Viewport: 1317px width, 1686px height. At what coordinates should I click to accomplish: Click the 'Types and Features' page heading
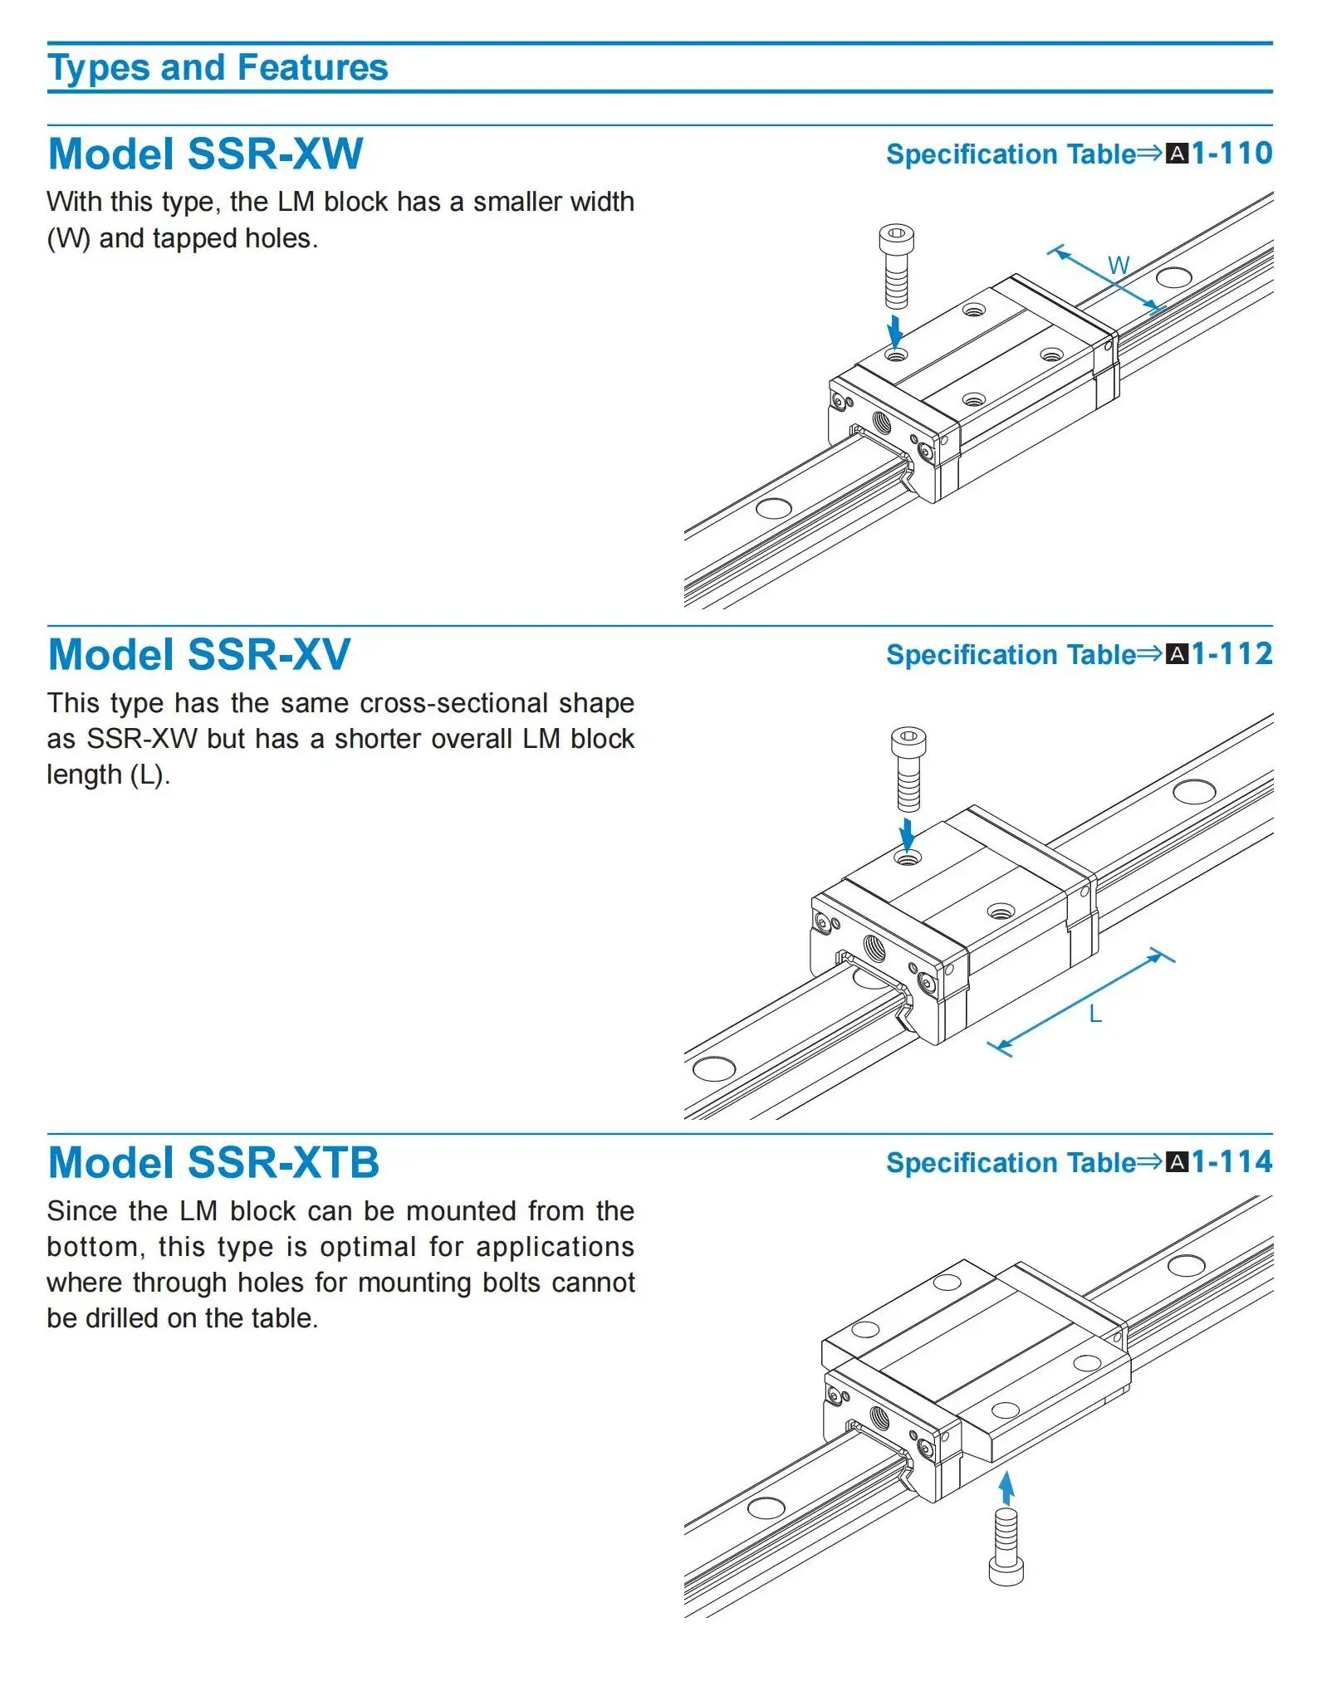click(x=218, y=68)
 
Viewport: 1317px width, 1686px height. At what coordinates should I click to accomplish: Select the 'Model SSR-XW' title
click(x=206, y=154)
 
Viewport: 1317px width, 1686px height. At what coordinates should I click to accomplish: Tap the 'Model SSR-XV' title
click(x=199, y=655)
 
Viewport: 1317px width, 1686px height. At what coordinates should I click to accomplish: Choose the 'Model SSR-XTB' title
click(x=213, y=1163)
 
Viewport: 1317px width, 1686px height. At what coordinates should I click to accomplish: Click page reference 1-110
click(x=1231, y=154)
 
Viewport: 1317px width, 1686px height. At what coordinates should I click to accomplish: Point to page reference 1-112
click(x=1231, y=654)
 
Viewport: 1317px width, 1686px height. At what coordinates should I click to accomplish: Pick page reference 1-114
click(x=1231, y=1162)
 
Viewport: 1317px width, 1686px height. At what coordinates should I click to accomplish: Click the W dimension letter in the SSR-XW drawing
click(x=1119, y=266)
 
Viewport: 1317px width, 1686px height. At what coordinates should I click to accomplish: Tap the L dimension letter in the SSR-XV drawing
click(x=1095, y=1014)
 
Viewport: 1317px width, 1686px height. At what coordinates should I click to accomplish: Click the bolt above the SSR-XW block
click(x=897, y=266)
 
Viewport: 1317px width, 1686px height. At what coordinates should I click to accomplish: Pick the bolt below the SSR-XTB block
click(x=1006, y=1547)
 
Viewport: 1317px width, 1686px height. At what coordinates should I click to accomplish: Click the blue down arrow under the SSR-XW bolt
click(x=895, y=331)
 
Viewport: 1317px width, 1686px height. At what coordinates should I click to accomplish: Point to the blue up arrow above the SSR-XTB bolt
click(x=1006, y=1488)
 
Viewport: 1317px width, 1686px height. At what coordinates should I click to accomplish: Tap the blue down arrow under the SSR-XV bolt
click(x=908, y=834)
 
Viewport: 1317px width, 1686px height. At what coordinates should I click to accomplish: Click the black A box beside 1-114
click(x=1177, y=1162)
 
